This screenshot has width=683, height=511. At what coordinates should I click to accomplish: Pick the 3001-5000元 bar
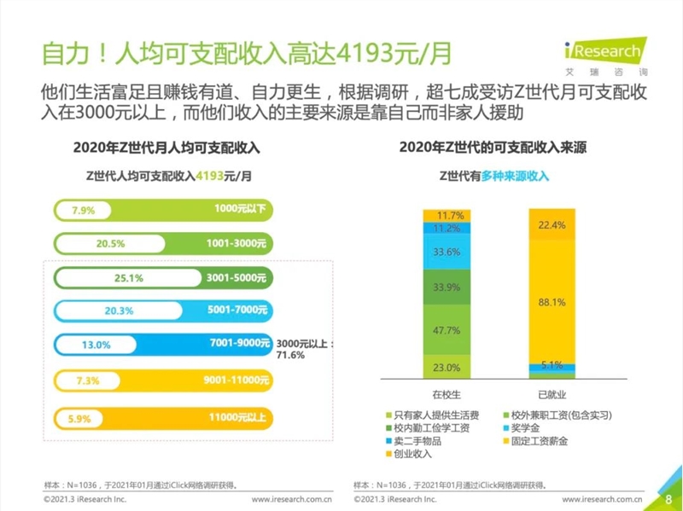162,277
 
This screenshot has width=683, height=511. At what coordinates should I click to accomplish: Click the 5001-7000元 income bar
162,311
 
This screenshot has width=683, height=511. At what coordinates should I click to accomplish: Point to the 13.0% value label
96,345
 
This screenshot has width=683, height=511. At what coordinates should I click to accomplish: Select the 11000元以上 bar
162,418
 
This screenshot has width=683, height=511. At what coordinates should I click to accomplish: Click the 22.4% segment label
552,225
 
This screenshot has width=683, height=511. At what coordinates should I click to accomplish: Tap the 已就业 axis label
552,395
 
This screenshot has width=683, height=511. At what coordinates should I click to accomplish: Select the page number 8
667,497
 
